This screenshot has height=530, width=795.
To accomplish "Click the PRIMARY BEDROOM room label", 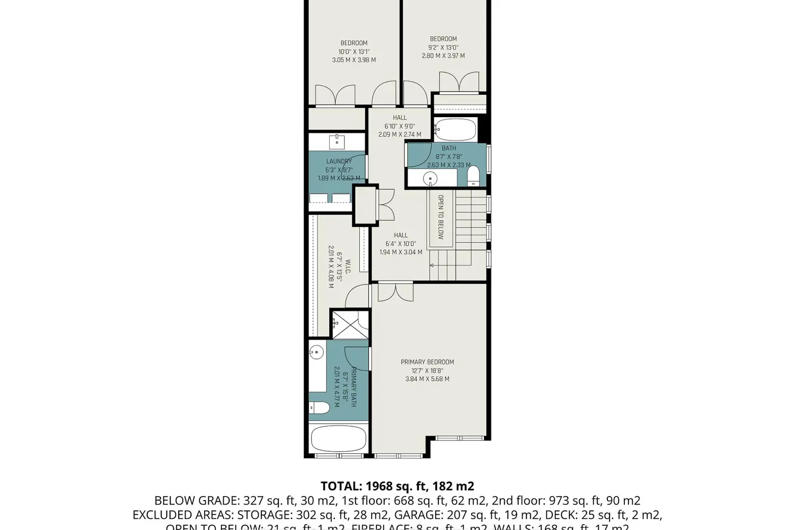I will coord(427,362).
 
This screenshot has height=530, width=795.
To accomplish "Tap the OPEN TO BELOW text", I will coord(440,217).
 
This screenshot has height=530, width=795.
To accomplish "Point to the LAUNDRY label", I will coord(339,161).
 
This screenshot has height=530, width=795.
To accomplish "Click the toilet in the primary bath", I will coord(319,408).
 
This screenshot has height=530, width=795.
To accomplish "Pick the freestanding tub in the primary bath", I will coord(338,439).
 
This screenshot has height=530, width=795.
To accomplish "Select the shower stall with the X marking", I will coord(350,324).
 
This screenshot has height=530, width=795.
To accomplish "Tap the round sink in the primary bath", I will coord(316,352).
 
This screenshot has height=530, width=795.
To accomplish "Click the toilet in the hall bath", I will coord(473,176).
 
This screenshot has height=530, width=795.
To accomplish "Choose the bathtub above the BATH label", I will coord(455,129).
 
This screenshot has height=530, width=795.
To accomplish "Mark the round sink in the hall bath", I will coord(430,179).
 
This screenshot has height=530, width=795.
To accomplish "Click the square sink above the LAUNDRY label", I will coord(337,142).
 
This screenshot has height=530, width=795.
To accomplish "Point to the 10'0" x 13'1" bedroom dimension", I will coord(354,52).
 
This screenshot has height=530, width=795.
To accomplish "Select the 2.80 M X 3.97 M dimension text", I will coord(443,56).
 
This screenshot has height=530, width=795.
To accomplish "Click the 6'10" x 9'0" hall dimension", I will coord(400,126).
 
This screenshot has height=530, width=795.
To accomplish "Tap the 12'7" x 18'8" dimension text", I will coord(427,370).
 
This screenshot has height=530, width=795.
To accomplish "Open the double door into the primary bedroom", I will coord(395,293).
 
